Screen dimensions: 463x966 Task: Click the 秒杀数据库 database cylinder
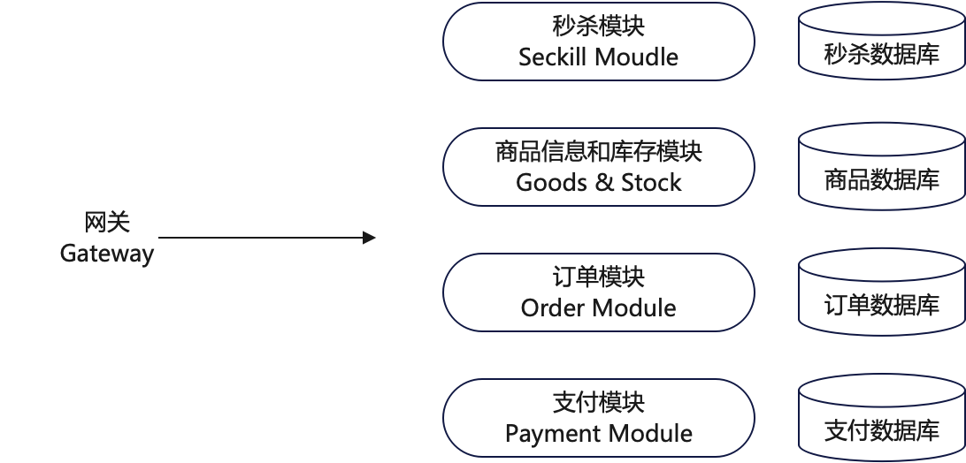click(x=881, y=43)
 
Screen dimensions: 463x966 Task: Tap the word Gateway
click(x=107, y=254)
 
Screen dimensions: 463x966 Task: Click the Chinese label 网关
click(x=107, y=222)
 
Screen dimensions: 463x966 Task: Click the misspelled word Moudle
click(x=637, y=57)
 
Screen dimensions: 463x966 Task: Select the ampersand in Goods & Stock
click(x=601, y=183)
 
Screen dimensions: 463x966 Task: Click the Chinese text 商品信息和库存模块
click(x=599, y=151)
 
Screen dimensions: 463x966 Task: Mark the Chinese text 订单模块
click(x=599, y=277)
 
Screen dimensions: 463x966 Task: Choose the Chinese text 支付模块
click(x=599, y=402)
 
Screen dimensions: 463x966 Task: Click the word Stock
click(x=651, y=183)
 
